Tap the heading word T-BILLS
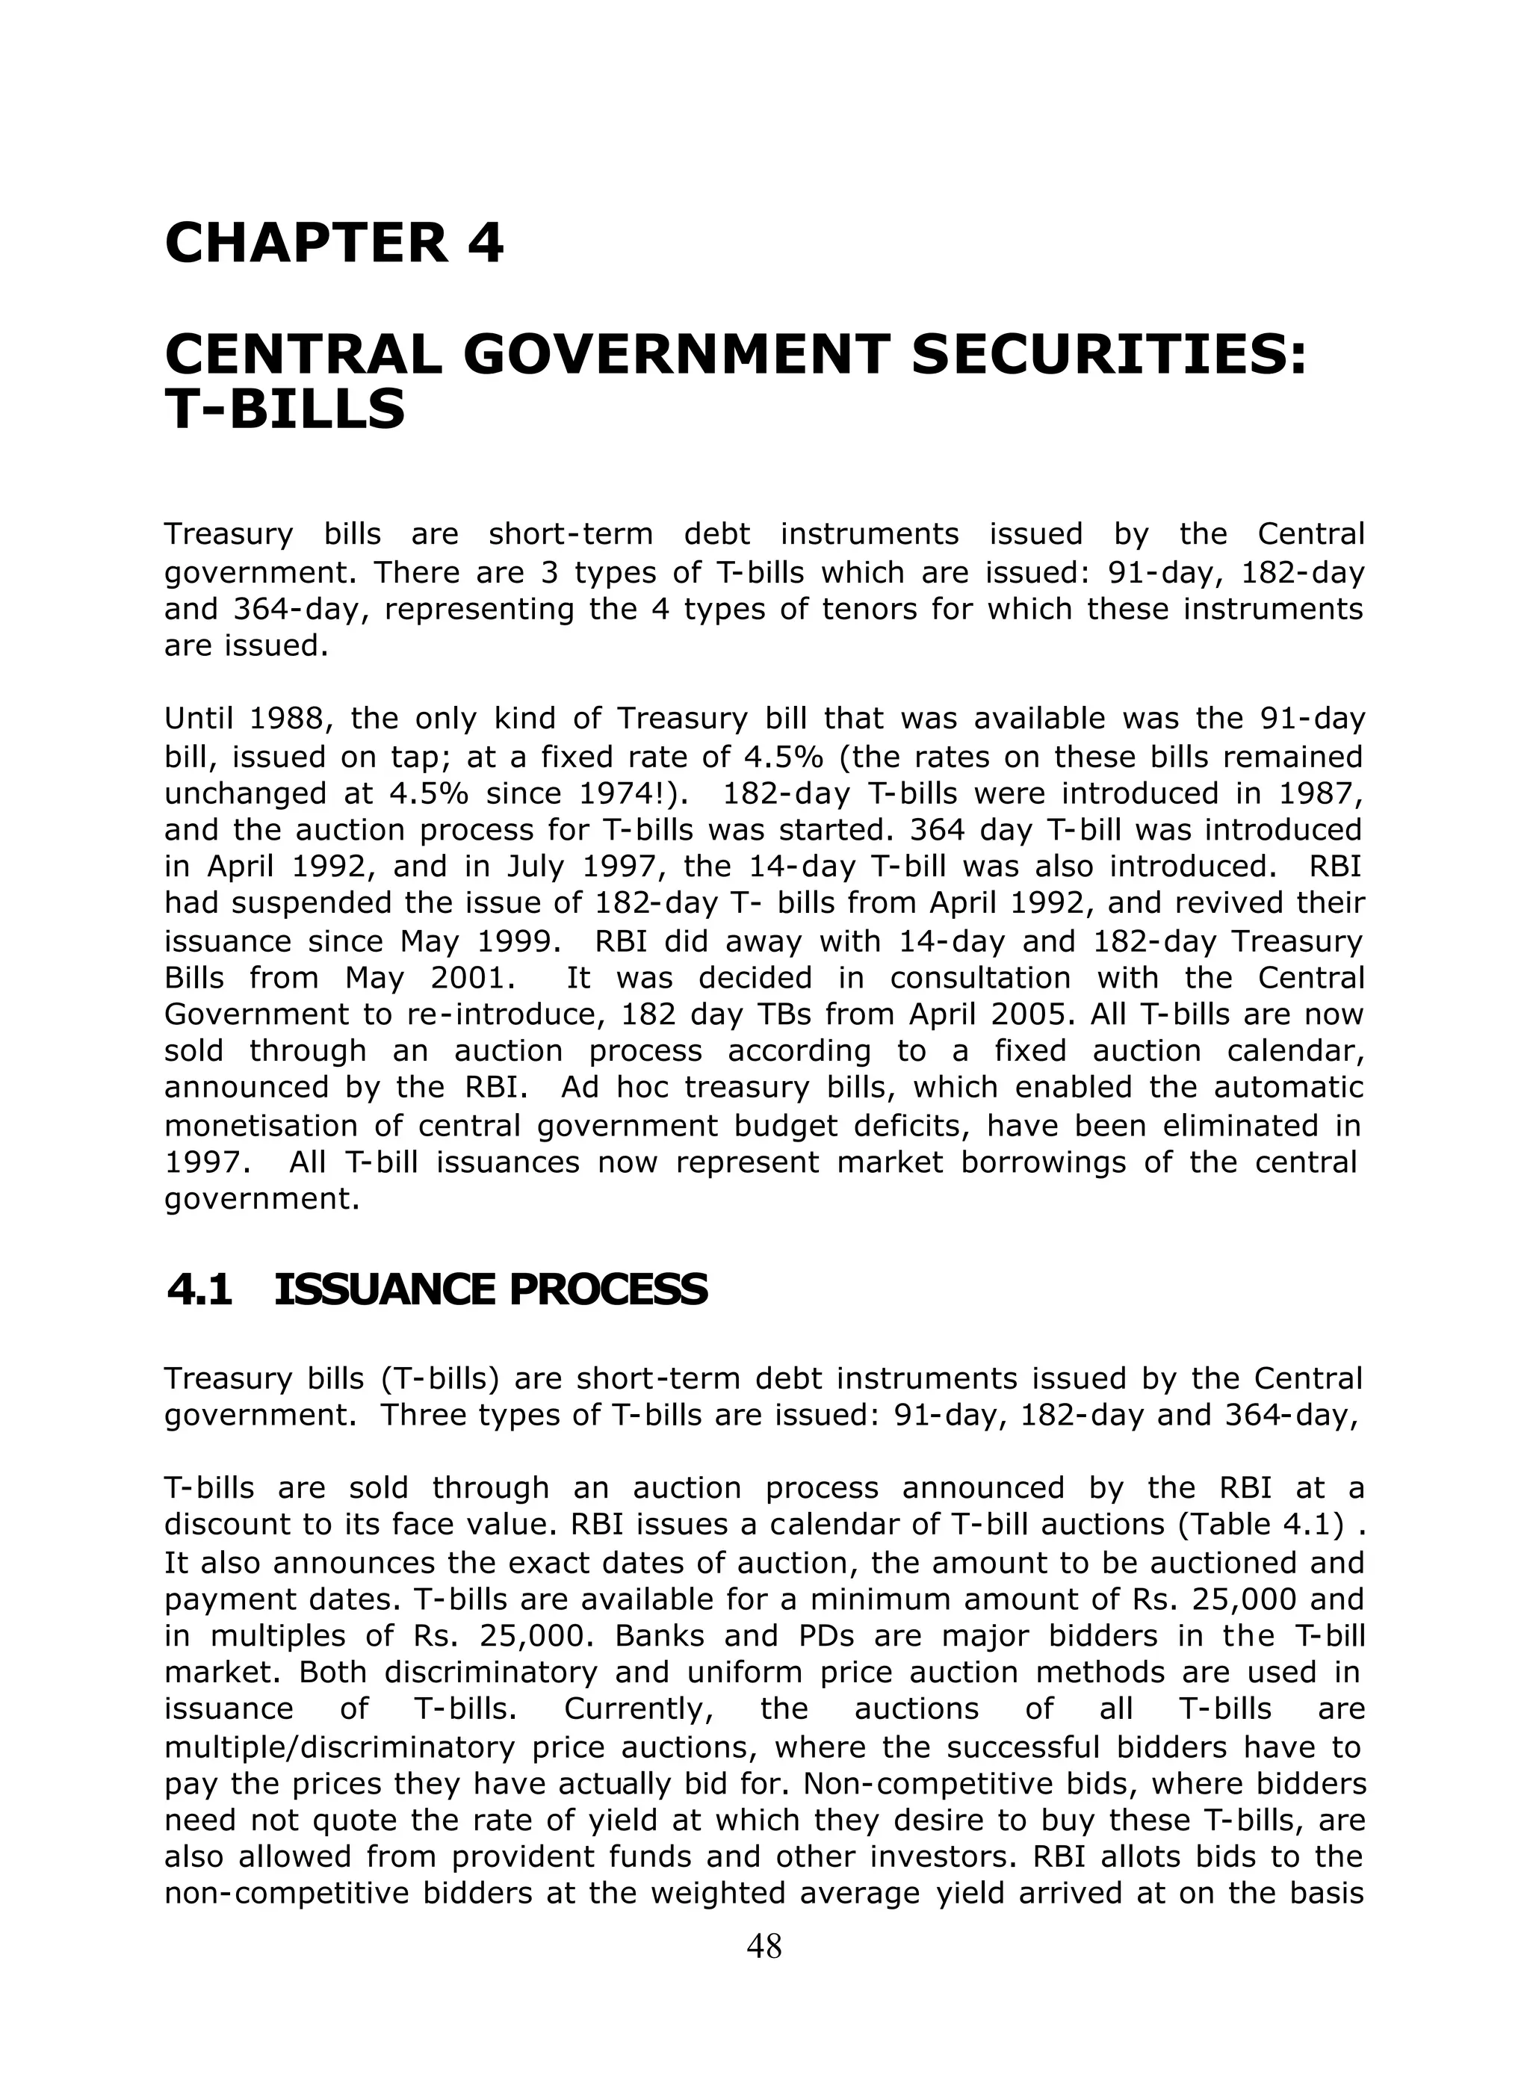click(x=285, y=409)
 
